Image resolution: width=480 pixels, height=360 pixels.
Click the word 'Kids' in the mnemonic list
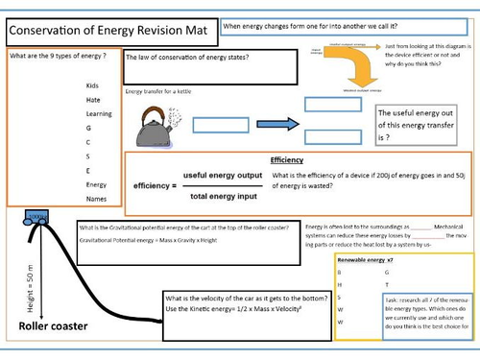pyautogui.click(x=92, y=85)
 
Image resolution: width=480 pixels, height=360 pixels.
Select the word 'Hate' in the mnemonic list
pyautogui.click(x=92, y=99)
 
